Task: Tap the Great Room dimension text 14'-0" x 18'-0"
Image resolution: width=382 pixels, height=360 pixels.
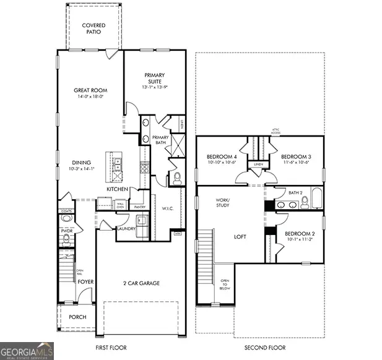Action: [x=91, y=96]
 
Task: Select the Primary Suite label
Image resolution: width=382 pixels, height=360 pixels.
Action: [x=154, y=79]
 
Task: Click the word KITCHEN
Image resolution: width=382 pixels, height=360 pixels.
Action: [x=118, y=189]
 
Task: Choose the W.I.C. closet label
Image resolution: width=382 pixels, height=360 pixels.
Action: [x=167, y=208]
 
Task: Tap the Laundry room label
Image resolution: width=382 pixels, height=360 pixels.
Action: [x=126, y=228]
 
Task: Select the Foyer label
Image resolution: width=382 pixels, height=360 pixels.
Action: [x=85, y=281]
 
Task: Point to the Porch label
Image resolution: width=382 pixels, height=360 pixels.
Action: [x=77, y=317]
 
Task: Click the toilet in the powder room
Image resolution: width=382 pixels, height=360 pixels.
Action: [x=67, y=218]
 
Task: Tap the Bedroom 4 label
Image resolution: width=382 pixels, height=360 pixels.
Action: [x=222, y=156]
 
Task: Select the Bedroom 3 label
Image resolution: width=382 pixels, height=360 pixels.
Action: [x=296, y=156]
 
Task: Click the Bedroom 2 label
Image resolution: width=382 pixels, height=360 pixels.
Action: [x=299, y=233]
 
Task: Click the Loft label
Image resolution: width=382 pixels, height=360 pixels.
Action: [x=241, y=236]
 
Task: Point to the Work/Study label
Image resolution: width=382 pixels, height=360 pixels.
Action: [x=223, y=203]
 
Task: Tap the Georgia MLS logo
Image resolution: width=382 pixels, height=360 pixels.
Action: [x=27, y=351]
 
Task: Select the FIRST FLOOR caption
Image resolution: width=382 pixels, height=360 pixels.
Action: [x=111, y=348]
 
